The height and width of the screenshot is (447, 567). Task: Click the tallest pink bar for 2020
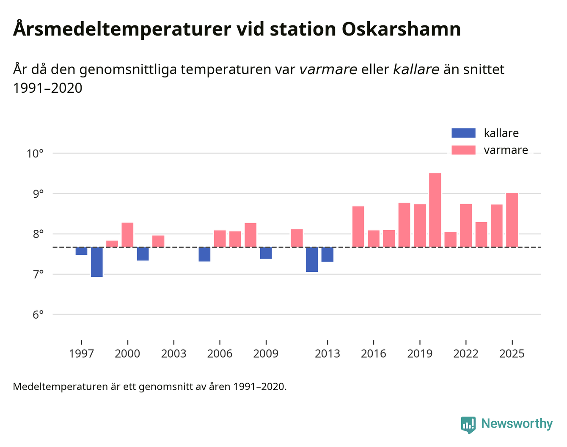(435, 210)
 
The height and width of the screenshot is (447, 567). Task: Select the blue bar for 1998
(97, 262)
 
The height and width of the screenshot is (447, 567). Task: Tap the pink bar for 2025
(512, 220)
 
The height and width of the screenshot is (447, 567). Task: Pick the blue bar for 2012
(312, 259)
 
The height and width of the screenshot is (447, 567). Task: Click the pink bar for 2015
(358, 226)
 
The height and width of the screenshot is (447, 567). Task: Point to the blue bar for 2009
(266, 253)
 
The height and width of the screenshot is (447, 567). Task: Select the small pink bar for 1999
(112, 244)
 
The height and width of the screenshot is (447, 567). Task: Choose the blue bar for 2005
(204, 254)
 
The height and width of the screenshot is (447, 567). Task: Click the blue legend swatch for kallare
(463, 133)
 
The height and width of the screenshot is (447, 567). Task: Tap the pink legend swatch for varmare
(463, 150)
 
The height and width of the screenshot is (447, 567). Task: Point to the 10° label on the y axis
(35, 153)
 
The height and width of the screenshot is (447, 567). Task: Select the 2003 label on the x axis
(173, 353)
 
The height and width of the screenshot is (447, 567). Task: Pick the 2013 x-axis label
(327, 353)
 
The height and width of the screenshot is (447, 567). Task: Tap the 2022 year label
(466, 353)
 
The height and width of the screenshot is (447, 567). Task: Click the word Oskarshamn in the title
(401, 29)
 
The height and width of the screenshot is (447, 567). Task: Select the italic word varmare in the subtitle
(328, 69)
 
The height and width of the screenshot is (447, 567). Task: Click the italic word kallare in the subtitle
(416, 69)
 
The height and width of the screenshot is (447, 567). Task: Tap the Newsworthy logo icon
(468, 425)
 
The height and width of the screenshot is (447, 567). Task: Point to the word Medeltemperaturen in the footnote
(61, 386)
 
